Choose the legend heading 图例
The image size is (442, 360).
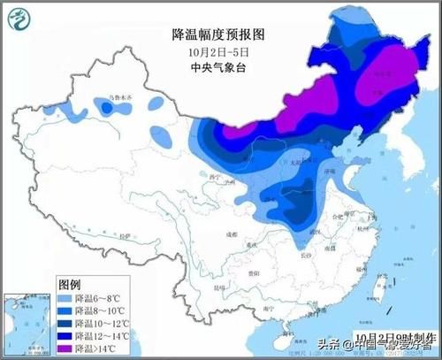pos(71,286)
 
